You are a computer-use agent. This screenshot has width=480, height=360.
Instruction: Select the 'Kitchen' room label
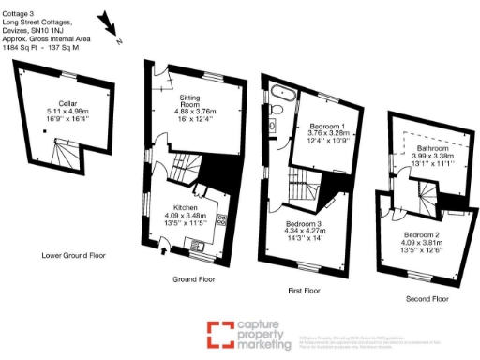[x=182, y=207]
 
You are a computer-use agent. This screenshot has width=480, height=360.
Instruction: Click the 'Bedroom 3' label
[x=303, y=224]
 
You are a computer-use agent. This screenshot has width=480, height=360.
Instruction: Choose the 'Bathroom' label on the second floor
[x=432, y=148]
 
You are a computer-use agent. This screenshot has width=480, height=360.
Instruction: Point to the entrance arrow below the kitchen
[x=165, y=248]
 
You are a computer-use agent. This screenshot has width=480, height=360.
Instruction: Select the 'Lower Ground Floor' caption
[x=73, y=255]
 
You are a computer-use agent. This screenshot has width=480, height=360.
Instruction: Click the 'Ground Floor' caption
[x=194, y=279]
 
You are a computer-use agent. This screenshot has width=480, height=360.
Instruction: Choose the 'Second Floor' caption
[x=424, y=298]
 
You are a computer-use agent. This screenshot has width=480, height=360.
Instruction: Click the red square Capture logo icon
[x=220, y=333]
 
